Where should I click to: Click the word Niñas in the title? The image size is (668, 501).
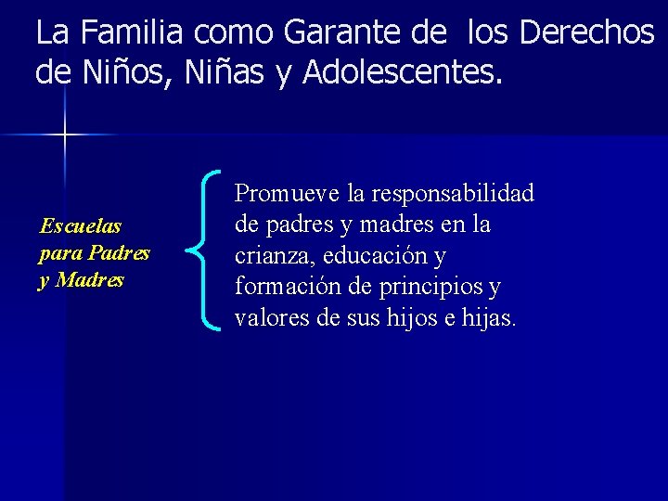click(223, 71)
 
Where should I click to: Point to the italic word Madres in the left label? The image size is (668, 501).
click(90, 280)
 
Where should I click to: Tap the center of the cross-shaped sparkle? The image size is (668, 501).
click(65, 135)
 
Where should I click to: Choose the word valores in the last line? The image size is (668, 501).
click(268, 318)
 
